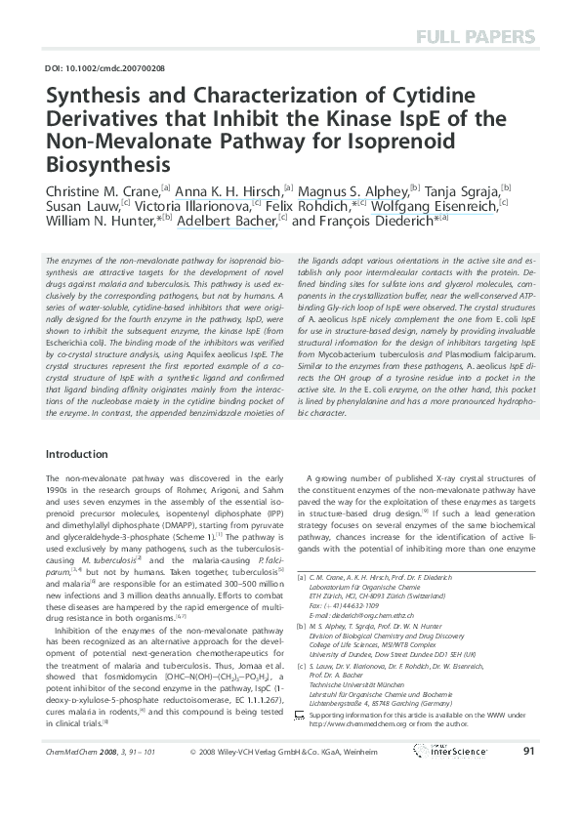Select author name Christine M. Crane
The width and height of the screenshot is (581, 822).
click(103, 189)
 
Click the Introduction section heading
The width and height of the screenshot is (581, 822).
click(77, 455)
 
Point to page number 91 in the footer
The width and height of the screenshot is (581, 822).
click(528, 778)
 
